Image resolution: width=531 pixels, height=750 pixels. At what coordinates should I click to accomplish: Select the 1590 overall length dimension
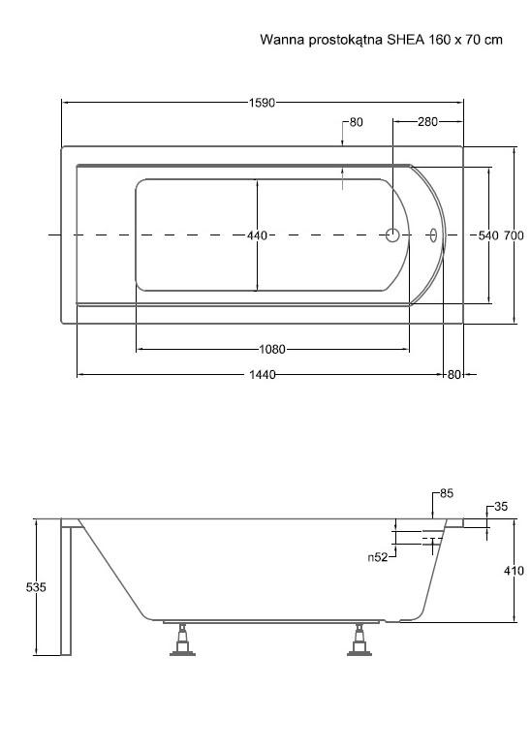[x=262, y=103]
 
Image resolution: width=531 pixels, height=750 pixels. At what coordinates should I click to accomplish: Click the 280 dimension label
[x=427, y=122]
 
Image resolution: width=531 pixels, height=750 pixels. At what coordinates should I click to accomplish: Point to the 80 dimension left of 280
[x=356, y=122]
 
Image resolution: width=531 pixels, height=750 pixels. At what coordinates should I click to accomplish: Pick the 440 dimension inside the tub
[x=258, y=235]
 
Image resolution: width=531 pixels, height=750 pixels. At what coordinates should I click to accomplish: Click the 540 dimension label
[x=488, y=235]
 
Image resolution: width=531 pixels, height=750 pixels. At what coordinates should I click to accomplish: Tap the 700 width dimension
[x=515, y=235]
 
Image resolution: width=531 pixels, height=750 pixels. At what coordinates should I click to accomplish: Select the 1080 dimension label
[x=272, y=349]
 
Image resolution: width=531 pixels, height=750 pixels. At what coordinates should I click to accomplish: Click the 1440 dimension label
[x=263, y=375]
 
